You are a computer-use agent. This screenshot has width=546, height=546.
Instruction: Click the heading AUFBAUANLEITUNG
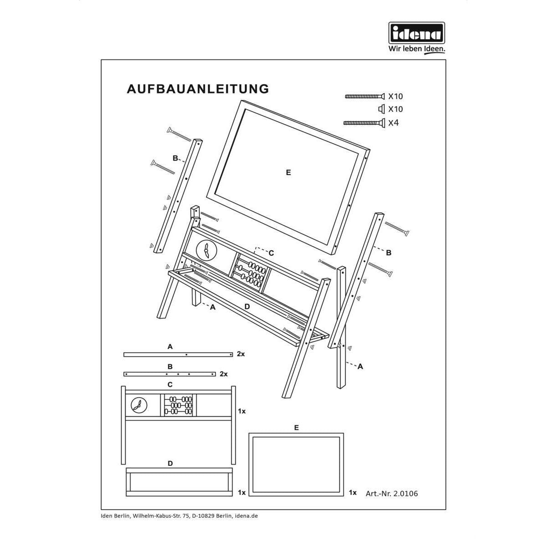198,89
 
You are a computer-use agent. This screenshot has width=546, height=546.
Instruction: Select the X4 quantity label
393,123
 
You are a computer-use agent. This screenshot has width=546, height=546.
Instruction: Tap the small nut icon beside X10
381,109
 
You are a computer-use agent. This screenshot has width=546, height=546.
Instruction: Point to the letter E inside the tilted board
288,172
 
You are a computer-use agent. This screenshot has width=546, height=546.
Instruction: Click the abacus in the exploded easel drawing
249,273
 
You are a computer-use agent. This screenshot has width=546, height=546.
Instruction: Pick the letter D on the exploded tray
247,307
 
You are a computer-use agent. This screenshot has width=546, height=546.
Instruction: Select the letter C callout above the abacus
271,253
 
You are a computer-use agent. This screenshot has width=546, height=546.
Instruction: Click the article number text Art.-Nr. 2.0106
391,493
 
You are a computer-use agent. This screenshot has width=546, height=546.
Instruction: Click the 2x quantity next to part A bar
241,354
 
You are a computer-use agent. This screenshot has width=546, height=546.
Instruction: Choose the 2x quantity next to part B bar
223,374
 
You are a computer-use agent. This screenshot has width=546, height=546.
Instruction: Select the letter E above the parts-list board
296,428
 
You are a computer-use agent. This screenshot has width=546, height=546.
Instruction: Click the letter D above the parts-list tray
170,463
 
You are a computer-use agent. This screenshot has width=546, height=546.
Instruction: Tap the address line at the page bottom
179,516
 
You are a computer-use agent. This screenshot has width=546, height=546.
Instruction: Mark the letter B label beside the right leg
389,253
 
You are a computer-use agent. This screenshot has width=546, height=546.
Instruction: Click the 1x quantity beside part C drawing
242,411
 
